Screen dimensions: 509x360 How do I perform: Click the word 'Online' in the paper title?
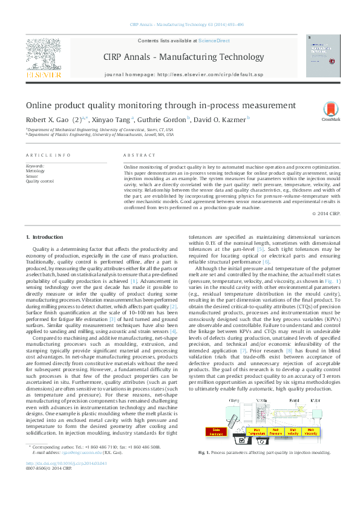click(x=40, y=105)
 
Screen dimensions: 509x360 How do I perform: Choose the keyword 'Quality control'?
click(x=39, y=181)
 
